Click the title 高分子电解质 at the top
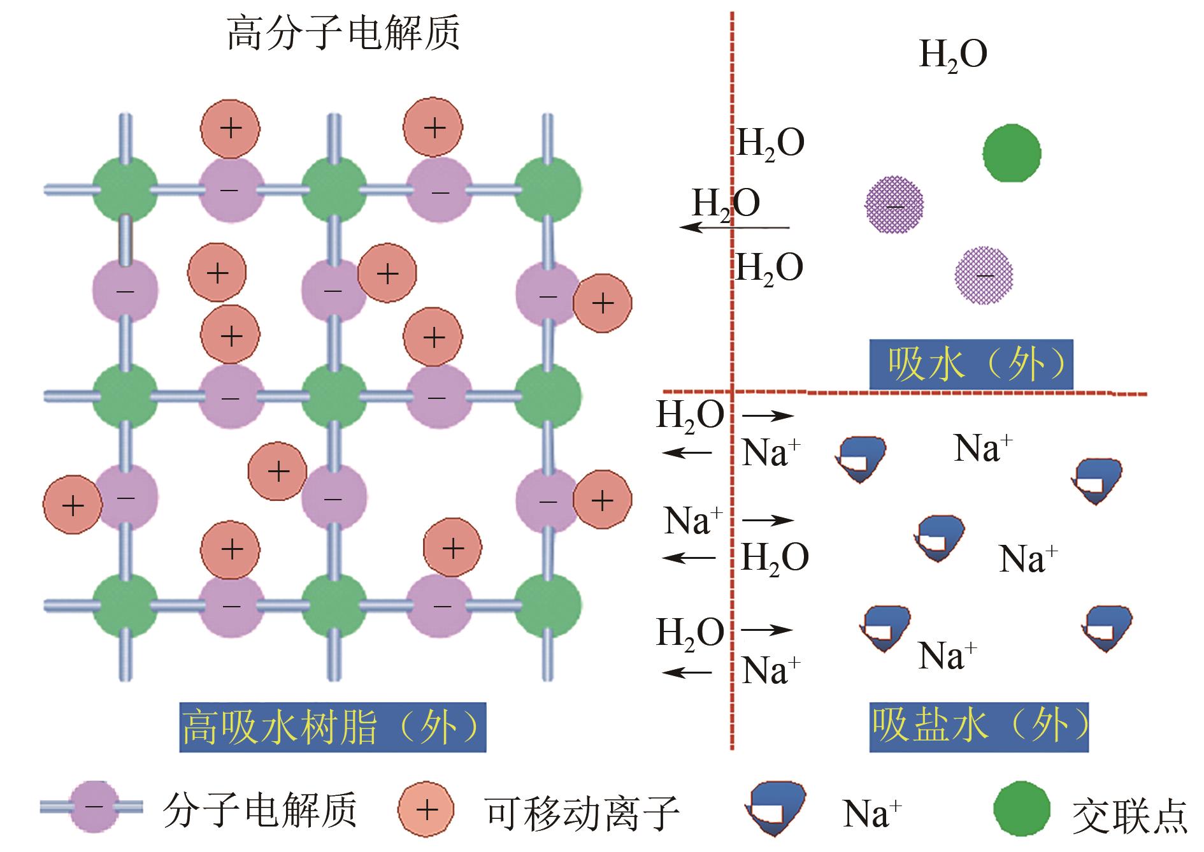(343, 34)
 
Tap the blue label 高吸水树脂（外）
(333, 727)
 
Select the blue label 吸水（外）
(971, 365)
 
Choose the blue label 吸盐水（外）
(978, 727)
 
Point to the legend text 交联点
(1129, 815)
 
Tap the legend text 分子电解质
(259, 810)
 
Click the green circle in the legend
(1021, 808)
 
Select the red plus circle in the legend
(426, 809)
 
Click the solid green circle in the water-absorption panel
(1012, 154)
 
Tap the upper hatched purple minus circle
(894, 205)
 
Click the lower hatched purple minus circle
(984, 275)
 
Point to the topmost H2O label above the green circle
(953, 55)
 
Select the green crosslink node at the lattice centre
(333, 396)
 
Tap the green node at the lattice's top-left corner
(125, 190)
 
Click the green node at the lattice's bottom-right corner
(547, 604)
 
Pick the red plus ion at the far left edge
(73, 505)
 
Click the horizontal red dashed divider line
(905, 392)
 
